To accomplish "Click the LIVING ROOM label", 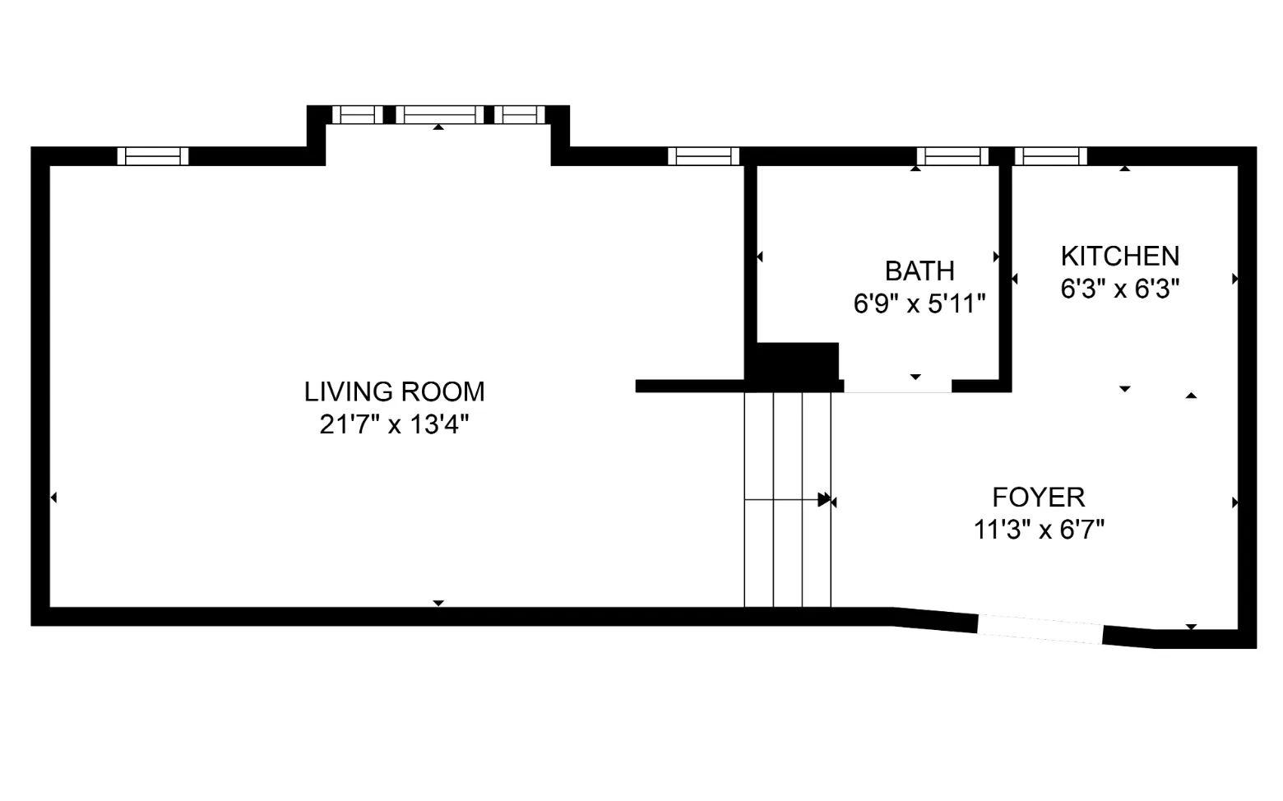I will pos(394,391).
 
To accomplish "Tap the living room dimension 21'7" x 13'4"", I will pos(394,424).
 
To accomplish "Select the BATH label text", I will pos(919,271).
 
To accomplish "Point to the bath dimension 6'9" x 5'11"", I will pos(919,303).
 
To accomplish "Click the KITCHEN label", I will pos(1119,256).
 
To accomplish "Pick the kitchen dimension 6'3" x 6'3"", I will pos(1119,289).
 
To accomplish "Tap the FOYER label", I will pos(1038,497).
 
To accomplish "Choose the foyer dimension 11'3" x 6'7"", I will pos(1038,530).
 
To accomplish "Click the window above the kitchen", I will pos(1050,156).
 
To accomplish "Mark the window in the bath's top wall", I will pos(952,156).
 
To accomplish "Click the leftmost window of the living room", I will pos(153,156).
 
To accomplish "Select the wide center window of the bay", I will pos(439,115).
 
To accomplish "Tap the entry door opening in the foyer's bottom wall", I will pos(1040,629).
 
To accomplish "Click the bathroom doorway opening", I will pos(897,387).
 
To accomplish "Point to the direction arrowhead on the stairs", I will pos(824,499).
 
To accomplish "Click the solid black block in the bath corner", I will pos(796,362).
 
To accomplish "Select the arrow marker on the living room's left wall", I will pos(53,498).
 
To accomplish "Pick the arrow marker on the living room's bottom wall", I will pos(438,603).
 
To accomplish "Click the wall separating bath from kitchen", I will pos(1004,271).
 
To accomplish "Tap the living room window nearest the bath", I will pos(703,156).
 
